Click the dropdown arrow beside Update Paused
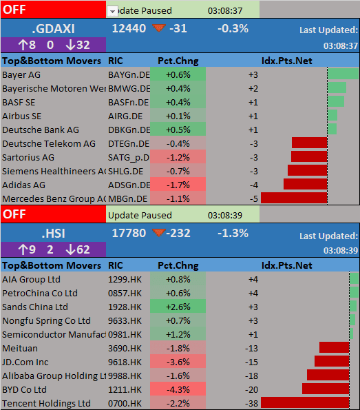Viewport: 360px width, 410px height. [112, 12]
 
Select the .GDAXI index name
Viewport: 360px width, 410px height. [53, 29]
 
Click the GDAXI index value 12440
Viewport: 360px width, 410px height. [129, 28]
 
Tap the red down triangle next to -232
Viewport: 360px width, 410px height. [159, 232]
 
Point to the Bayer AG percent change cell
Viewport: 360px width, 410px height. [178, 74]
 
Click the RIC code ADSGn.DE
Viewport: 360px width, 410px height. [129, 185]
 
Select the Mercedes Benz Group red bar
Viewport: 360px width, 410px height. [294, 198]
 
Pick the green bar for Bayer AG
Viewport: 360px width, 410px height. [343, 74]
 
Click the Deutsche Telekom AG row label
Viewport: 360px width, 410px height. [49, 143]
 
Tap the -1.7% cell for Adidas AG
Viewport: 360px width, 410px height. [178, 185]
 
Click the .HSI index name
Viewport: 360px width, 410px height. [53, 234]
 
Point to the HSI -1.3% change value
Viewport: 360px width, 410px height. [233, 233]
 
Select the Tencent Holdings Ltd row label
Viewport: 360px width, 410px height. [47, 403]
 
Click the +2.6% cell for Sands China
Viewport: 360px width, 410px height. [178, 306]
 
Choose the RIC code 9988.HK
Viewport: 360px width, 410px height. [125, 376]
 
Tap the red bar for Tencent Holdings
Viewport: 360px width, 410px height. [305, 402]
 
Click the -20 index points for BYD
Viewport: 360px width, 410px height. [251, 389]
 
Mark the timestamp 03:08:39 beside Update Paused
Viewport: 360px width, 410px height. [225, 215]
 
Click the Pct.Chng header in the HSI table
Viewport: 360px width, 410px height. [178, 265]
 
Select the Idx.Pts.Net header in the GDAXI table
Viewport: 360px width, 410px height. [287, 61]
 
